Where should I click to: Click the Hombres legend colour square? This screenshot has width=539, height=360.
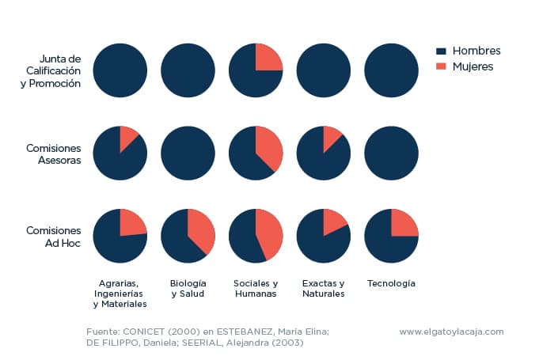point(441,51)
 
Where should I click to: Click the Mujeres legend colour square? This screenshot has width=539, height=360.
point(441,67)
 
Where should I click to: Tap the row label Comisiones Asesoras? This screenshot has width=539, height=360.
point(53,153)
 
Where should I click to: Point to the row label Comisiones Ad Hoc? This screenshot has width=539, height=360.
point(53,236)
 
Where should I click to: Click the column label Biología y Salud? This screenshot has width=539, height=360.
point(188,288)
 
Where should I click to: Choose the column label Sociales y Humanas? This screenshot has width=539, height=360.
point(255,288)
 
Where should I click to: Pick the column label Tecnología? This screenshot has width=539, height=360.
point(391,283)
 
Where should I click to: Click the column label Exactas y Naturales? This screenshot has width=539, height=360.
point(323,288)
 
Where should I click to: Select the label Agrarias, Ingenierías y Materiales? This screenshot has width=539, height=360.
point(120,293)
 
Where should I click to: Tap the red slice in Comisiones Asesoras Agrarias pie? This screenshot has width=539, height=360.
point(127,138)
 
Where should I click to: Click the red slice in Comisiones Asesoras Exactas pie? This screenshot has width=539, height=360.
point(331,138)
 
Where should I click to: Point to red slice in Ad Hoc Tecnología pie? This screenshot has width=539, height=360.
point(403,224)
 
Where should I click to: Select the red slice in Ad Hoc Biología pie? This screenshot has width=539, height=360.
point(200,230)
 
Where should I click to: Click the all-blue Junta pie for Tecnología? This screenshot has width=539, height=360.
point(391,71)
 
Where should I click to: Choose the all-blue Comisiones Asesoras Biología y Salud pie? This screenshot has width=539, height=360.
point(188,153)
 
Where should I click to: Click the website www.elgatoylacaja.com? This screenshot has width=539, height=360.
point(451,332)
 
